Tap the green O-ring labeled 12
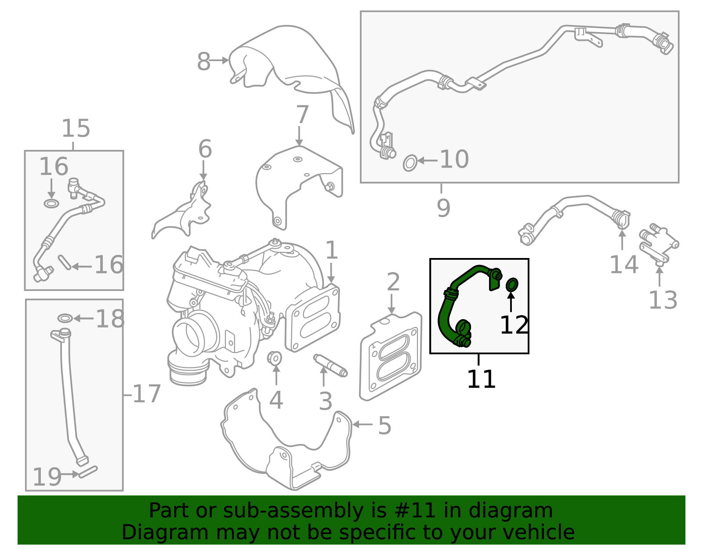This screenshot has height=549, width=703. pyautogui.click(x=512, y=285)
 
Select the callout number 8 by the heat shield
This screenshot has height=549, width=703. pyautogui.click(x=203, y=62)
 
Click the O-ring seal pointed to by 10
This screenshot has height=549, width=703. pyautogui.click(x=409, y=163)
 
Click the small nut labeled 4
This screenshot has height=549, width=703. pyautogui.click(x=275, y=358)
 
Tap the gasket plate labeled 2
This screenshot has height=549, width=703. pyautogui.click(x=390, y=356)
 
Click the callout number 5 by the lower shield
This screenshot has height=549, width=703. pyautogui.click(x=384, y=425)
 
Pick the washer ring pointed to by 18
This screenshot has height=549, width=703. pyautogui.click(x=65, y=318)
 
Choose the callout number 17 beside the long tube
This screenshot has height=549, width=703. pyautogui.click(x=147, y=394)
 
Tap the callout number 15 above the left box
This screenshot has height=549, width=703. pyautogui.click(x=76, y=128)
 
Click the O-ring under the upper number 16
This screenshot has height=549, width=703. pyautogui.click(x=51, y=204)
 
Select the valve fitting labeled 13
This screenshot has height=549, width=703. pyautogui.click(x=658, y=244)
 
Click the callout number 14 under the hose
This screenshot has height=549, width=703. pyautogui.click(x=623, y=265)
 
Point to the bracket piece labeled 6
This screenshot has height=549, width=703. pyautogui.click(x=185, y=213)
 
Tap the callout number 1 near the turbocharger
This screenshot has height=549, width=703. pyautogui.click(x=331, y=250)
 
